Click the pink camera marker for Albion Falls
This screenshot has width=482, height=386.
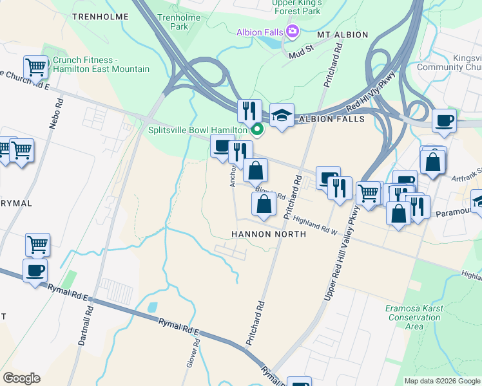(293, 31)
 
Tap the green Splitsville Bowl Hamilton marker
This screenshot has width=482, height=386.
(257, 130)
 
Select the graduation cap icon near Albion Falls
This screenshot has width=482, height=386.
(282, 115)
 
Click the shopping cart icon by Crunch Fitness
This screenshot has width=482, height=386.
(35, 66)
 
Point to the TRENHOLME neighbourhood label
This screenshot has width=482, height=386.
(97, 16)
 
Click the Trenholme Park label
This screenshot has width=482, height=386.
(173, 22)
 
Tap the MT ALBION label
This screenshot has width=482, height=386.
(342, 34)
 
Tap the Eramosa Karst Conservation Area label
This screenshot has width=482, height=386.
(413, 317)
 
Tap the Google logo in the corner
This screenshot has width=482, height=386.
(21, 378)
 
